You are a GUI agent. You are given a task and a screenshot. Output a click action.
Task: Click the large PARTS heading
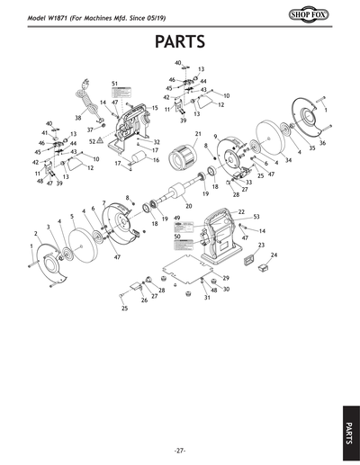180,42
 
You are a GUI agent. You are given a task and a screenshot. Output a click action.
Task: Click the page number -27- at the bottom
180,450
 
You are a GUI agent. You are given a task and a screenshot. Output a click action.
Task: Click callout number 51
115,84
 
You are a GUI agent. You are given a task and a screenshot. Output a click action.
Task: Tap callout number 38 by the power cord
77,118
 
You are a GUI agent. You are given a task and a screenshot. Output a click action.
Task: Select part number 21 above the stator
197,134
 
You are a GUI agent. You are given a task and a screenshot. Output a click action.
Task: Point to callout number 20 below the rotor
188,206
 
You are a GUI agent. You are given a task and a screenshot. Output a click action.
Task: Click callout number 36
322,143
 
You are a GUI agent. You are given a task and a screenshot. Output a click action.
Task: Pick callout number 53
256,217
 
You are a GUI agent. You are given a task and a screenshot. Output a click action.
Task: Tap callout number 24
274,255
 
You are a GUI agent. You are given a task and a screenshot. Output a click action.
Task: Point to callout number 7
104,202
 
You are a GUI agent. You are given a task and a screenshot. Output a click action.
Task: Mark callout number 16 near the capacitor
156,160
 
